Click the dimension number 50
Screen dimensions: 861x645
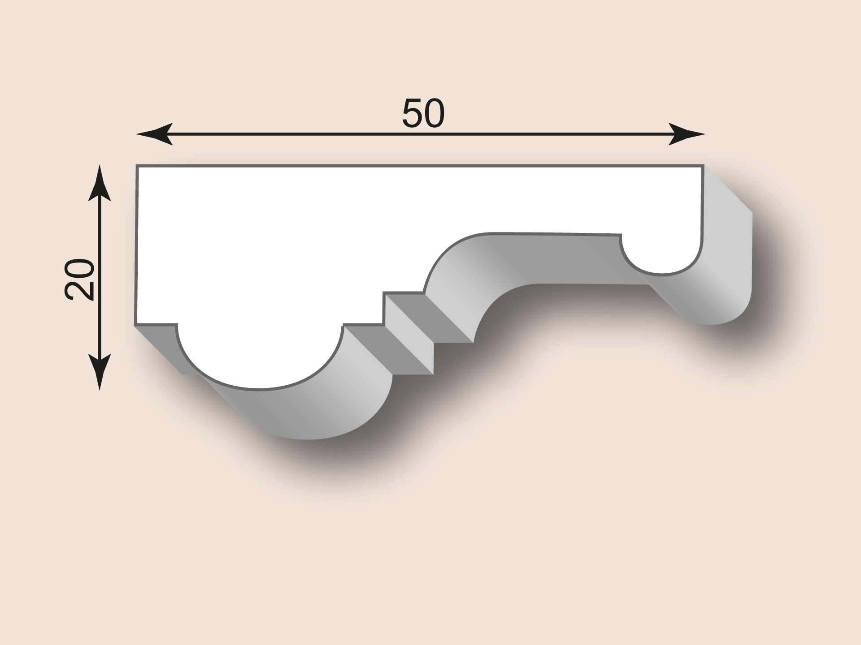(x=423, y=113)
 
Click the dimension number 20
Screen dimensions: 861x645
(x=79, y=279)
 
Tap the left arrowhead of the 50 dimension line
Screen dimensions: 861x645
(x=154, y=133)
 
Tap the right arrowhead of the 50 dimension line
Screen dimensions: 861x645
(x=687, y=133)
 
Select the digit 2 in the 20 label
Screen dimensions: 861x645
(x=79, y=290)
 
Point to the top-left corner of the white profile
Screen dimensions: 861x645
(x=137, y=166)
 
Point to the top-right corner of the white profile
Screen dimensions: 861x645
(x=703, y=166)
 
